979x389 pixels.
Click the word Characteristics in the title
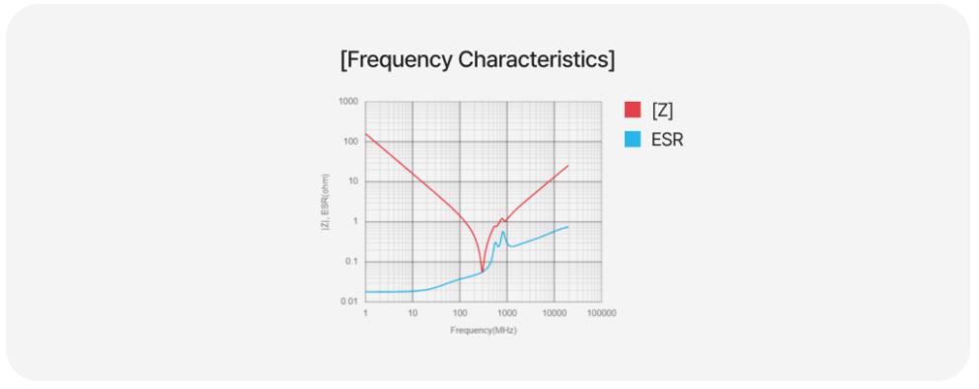(x=536, y=60)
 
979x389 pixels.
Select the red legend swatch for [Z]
(x=633, y=110)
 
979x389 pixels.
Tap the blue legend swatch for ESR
(x=633, y=140)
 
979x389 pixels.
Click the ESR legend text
(x=667, y=140)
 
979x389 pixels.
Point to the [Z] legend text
(x=662, y=111)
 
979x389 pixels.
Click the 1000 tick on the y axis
(x=348, y=101)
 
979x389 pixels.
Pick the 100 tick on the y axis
(x=351, y=142)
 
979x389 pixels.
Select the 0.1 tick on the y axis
(x=351, y=262)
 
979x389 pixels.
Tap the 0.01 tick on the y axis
(x=349, y=301)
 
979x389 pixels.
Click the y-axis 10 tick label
(x=353, y=182)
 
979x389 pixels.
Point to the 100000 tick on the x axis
(x=601, y=313)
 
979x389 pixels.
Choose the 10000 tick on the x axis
(x=554, y=313)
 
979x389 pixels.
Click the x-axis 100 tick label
(x=460, y=313)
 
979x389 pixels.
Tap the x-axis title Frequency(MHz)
(x=484, y=331)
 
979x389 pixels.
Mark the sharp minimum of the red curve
(x=482, y=271)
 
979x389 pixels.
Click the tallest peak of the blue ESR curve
(x=502, y=232)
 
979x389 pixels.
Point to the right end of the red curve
(x=568, y=166)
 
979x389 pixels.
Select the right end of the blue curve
(x=568, y=227)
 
